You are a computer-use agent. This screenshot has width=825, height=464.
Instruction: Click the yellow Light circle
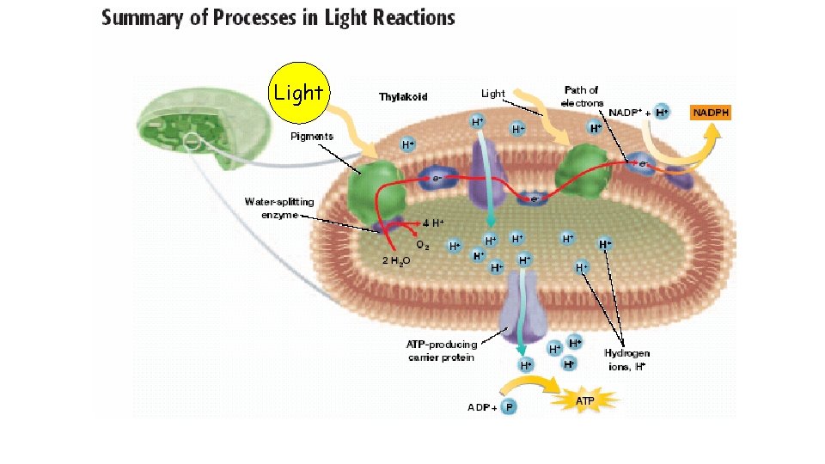pyautogui.click(x=298, y=92)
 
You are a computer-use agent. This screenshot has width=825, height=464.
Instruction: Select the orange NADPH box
pyautogui.click(x=711, y=113)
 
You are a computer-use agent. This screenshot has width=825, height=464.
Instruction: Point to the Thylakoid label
pyautogui.click(x=403, y=96)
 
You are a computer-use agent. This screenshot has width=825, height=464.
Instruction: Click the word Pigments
pyautogui.click(x=312, y=137)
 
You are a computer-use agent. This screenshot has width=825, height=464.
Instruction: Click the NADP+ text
pyautogui.click(x=625, y=113)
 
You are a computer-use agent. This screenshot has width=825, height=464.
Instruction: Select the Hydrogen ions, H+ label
pyautogui.click(x=626, y=359)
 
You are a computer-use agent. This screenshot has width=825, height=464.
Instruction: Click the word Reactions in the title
pyautogui.click(x=408, y=18)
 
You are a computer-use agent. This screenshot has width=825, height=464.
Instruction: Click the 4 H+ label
pyautogui.click(x=432, y=223)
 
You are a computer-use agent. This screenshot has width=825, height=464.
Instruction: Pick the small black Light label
pyautogui.click(x=493, y=94)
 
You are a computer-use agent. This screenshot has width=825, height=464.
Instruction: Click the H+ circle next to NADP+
pyautogui.click(x=661, y=113)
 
